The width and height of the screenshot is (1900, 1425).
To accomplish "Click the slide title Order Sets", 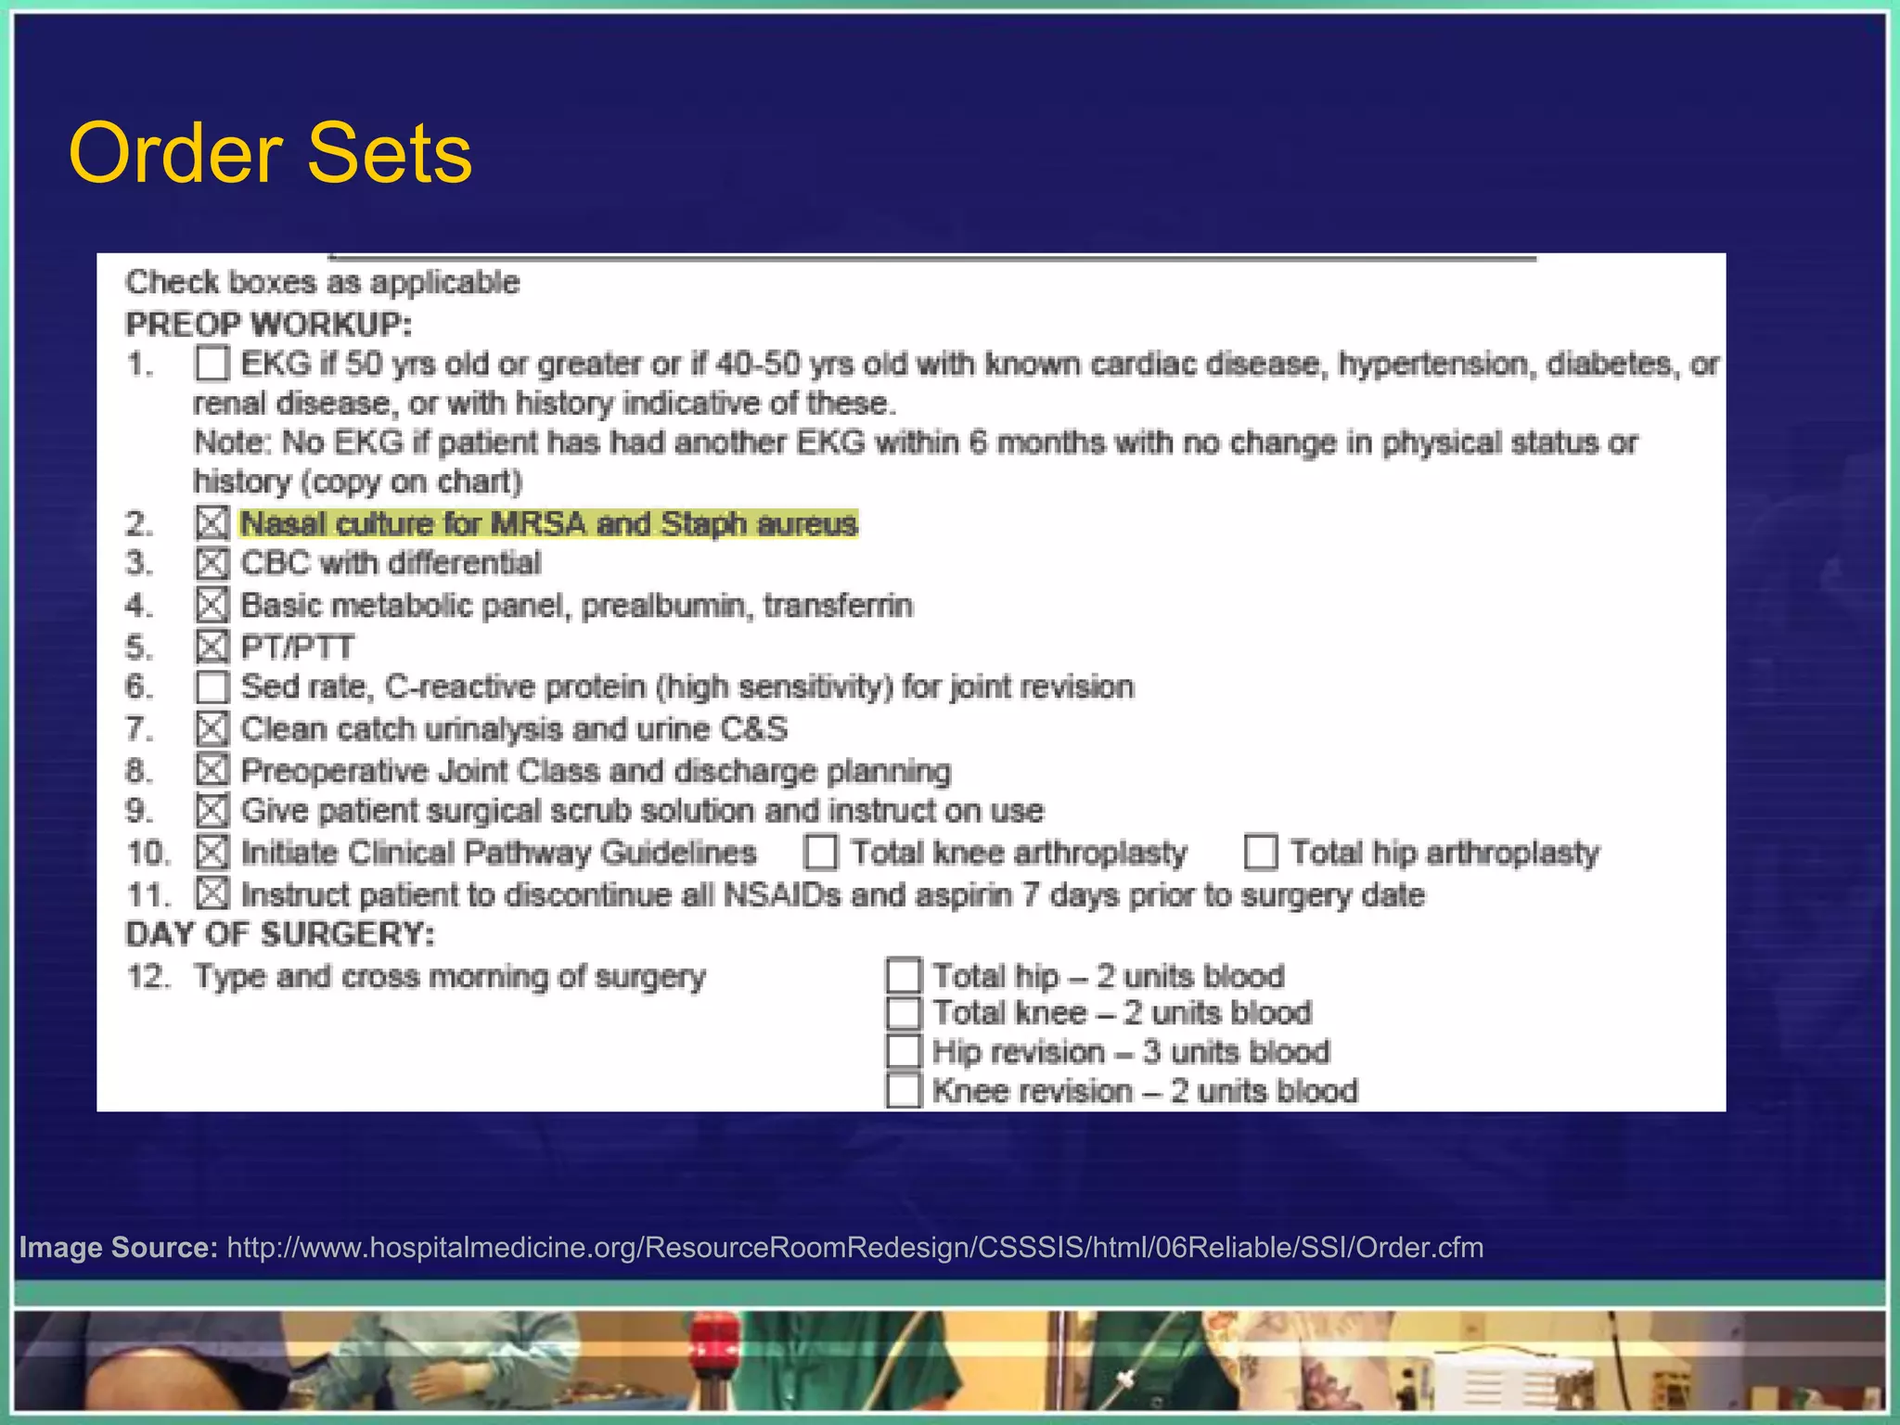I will [x=270, y=153].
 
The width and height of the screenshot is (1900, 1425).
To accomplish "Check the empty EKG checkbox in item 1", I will [x=212, y=364].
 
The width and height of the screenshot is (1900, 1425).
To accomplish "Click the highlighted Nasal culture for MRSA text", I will [x=548, y=524].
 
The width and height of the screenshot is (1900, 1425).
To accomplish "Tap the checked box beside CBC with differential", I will [x=212, y=563].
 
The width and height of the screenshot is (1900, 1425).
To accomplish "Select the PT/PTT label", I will [x=297, y=647].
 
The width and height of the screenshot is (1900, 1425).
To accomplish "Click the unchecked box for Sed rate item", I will [x=212, y=687].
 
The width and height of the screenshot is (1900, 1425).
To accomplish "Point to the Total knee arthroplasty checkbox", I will [x=821, y=852].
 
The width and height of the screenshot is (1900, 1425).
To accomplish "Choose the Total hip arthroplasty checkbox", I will [x=1261, y=852].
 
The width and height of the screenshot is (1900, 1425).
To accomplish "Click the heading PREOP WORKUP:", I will [x=268, y=325].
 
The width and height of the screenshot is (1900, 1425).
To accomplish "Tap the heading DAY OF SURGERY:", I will [x=279, y=934].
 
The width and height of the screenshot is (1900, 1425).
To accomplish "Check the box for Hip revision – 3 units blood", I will [x=903, y=1051].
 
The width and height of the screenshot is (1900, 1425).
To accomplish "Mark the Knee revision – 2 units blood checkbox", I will [x=903, y=1090].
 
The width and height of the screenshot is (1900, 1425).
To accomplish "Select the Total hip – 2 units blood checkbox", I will [x=903, y=975].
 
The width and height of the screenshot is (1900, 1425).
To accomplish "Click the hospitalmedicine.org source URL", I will [x=854, y=1247].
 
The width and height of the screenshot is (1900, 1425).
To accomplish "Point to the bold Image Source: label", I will [x=118, y=1247].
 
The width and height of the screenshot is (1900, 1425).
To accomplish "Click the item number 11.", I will [x=148, y=895].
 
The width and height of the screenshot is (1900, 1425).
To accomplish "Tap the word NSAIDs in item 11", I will [x=781, y=895].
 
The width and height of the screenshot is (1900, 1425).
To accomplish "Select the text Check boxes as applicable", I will [x=322, y=282].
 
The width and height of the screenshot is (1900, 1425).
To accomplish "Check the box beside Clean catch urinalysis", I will [x=212, y=729].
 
